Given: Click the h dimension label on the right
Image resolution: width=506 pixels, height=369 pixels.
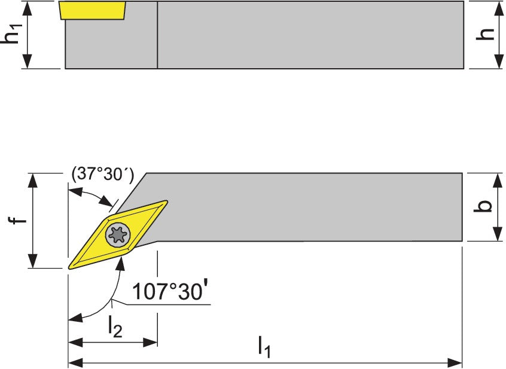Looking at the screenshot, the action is pyautogui.click(x=485, y=34).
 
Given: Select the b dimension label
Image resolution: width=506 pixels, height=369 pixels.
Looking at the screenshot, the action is pyautogui.click(x=483, y=206).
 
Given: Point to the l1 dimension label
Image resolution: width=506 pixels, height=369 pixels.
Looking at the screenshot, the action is pyautogui.click(x=264, y=347).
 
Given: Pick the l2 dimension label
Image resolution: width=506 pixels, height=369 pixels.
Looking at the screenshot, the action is pyautogui.click(x=115, y=326).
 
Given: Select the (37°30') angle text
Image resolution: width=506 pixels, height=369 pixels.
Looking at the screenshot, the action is pyautogui.click(x=103, y=175).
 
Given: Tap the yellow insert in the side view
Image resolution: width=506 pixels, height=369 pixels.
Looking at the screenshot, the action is pyautogui.click(x=93, y=10).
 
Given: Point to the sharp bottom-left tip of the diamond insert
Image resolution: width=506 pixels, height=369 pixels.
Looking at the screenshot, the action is pyautogui.click(x=69, y=267).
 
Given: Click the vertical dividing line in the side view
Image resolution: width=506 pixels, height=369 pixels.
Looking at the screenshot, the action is pyautogui.click(x=157, y=35).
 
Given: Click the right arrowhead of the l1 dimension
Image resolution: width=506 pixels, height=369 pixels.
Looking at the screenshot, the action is pyautogui.click(x=455, y=362).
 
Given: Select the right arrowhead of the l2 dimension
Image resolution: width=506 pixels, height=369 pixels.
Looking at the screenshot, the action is pyautogui.click(x=150, y=343).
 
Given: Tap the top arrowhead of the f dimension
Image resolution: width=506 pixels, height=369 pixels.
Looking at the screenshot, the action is pyautogui.click(x=32, y=180).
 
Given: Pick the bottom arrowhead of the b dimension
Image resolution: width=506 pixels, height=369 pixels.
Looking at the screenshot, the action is pyautogui.click(x=498, y=233).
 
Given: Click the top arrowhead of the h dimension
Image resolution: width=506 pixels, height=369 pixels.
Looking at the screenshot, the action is pyautogui.click(x=499, y=8).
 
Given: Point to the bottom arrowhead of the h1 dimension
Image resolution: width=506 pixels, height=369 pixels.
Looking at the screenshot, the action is pyautogui.click(x=28, y=61).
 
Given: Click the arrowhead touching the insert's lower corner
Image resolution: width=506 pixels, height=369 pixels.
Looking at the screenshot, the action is pyautogui.click(x=121, y=263).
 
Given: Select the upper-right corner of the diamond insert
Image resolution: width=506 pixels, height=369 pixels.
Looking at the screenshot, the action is pyautogui.click(x=167, y=202).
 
